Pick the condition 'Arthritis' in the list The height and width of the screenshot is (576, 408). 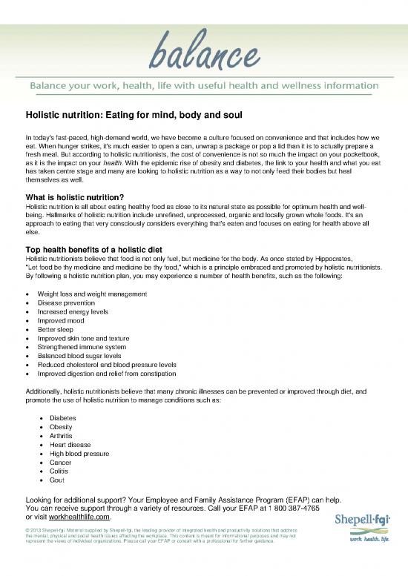click(62, 436)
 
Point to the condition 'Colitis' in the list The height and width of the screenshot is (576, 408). click(59, 471)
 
